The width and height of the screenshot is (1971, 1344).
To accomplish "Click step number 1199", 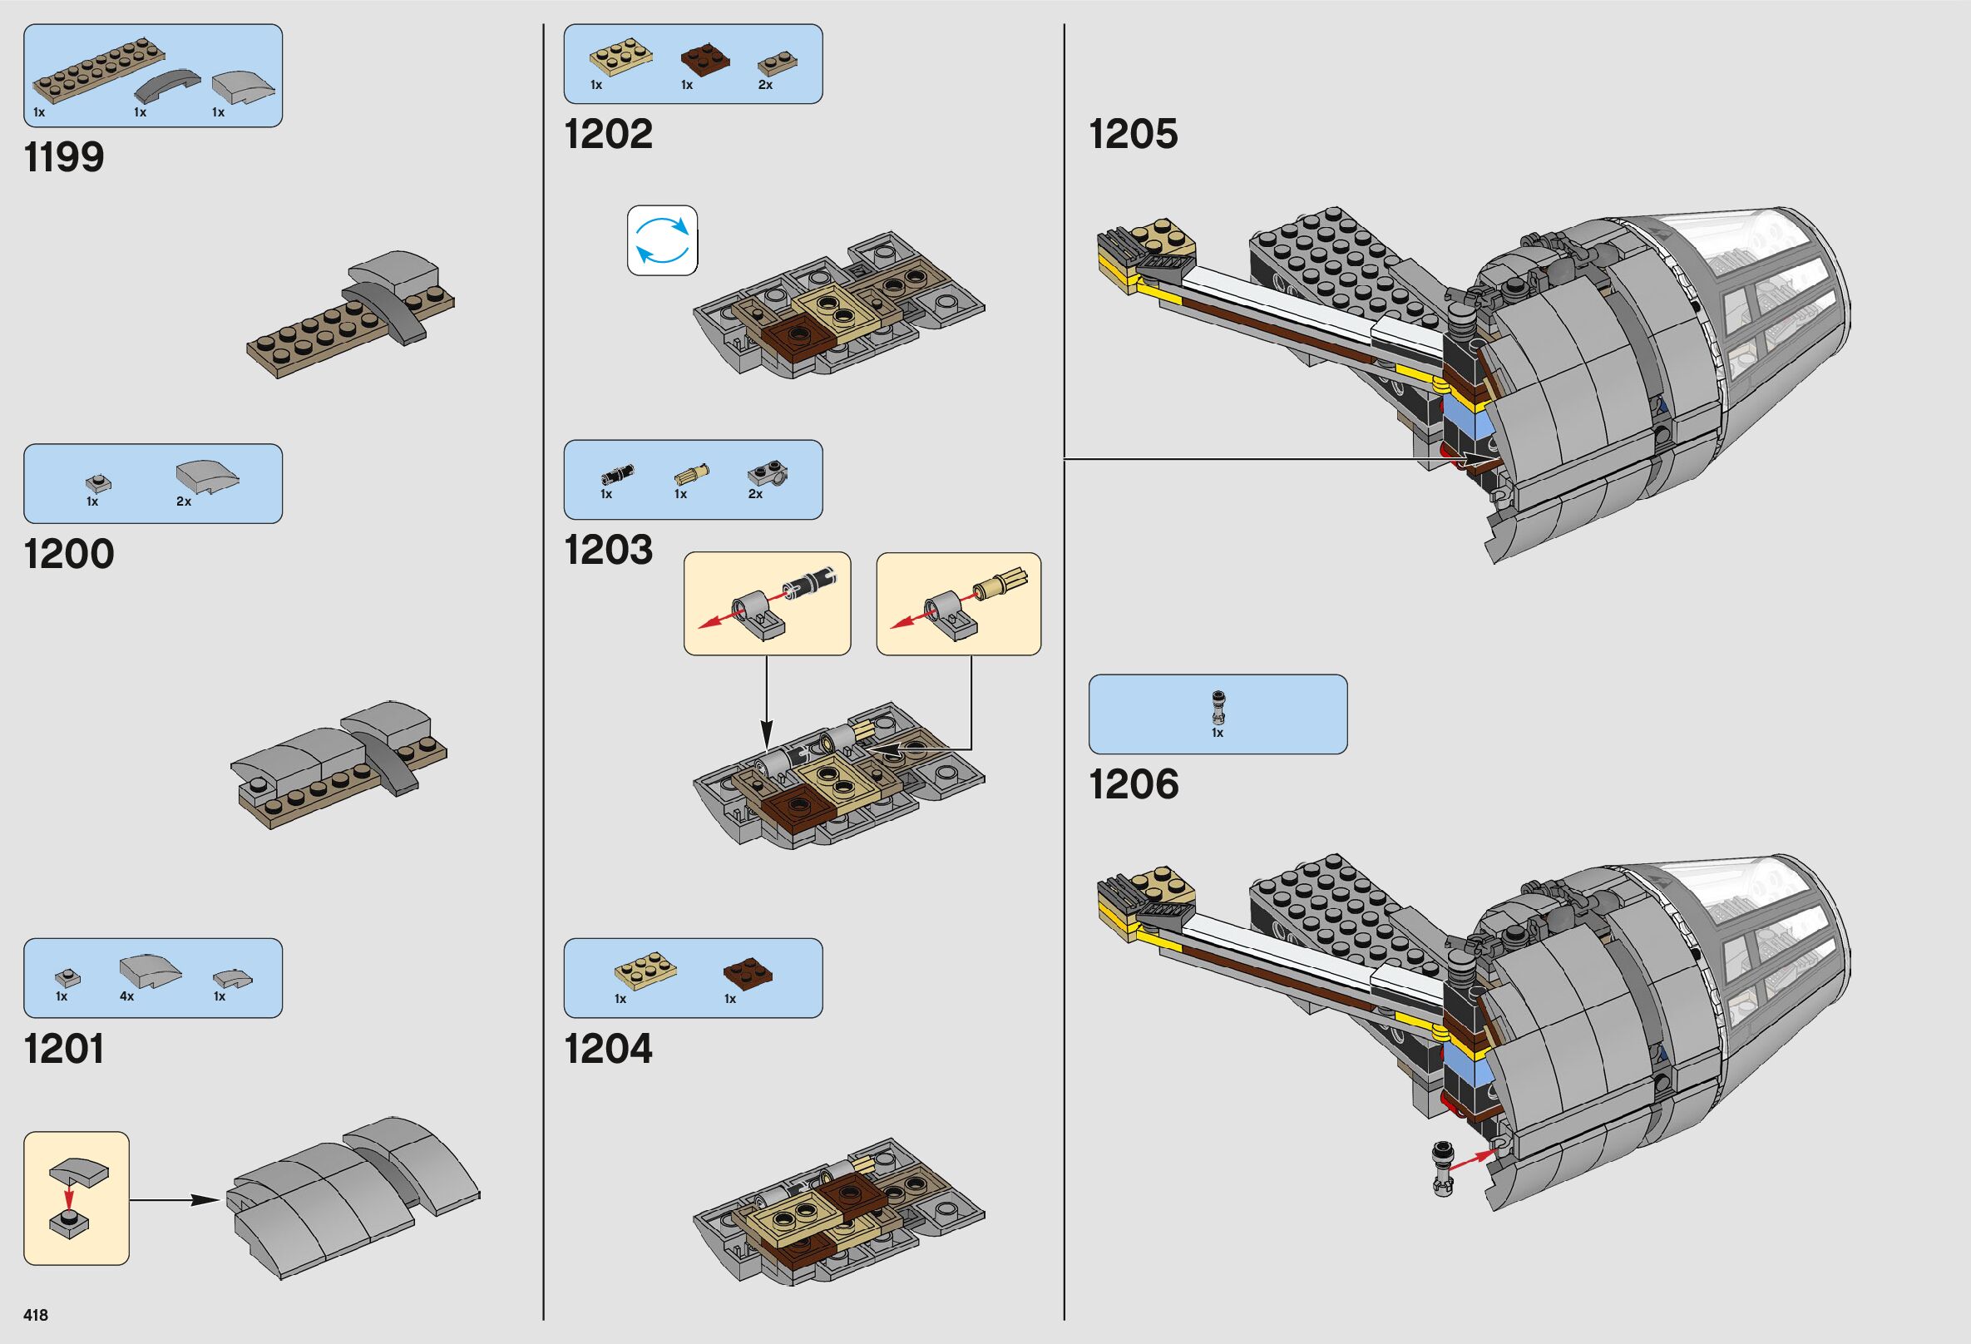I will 65,158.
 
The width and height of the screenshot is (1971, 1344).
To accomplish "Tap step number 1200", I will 69,555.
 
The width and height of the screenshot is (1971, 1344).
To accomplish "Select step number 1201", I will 65,1049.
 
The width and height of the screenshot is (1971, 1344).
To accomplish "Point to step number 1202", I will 608,134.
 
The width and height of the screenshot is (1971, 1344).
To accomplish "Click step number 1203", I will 608,550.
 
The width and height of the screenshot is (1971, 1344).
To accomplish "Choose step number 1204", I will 608,1049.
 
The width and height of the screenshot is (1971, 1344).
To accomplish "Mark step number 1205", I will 1133,134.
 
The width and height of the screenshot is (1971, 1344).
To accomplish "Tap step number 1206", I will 1133,784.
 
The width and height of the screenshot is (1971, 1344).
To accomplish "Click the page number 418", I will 37,1315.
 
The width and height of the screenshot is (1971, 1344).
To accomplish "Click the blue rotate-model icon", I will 662,241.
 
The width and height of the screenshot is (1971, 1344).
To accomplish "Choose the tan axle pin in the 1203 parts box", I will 691,473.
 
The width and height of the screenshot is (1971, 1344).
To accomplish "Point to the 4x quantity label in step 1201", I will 126,996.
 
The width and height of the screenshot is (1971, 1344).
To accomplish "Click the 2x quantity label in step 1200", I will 184,502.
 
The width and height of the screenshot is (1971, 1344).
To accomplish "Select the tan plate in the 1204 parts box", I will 645,971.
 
